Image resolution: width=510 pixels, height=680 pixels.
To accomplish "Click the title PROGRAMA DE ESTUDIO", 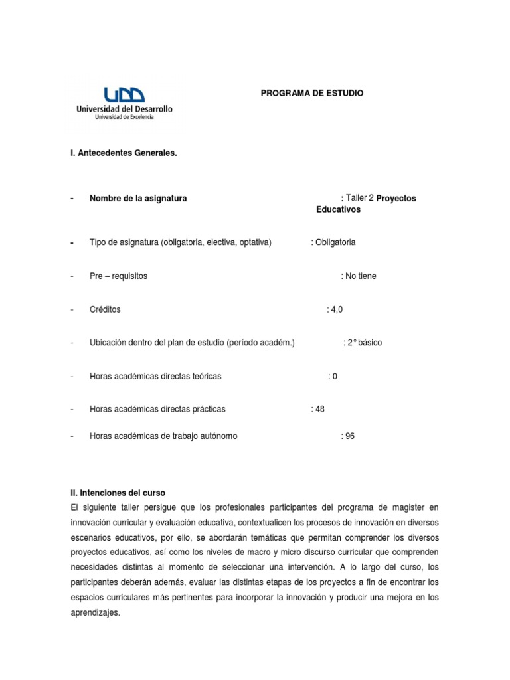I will point(311,94).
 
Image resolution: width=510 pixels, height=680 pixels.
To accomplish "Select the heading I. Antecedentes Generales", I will point(123,153).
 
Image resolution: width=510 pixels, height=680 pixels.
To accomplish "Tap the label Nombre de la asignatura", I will point(138,199).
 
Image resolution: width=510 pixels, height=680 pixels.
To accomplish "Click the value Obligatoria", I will point(335,242).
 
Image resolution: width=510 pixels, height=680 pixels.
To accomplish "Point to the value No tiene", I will point(360,276).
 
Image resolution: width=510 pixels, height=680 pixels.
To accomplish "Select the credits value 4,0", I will point(337,309).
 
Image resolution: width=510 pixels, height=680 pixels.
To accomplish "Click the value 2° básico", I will point(364,343).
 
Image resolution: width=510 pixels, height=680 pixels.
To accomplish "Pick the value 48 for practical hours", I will point(319,409).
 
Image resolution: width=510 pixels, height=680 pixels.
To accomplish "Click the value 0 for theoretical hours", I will point(334,377).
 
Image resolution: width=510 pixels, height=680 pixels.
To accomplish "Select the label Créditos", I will point(105,309).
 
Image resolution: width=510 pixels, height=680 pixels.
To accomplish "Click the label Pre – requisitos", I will point(118,276).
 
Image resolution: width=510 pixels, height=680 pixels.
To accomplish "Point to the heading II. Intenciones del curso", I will point(117,493).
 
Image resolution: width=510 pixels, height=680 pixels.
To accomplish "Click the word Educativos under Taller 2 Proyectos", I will point(338,209).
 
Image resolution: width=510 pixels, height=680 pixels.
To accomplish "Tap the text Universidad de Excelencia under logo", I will point(125,117).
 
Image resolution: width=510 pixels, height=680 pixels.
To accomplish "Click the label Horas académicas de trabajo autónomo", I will point(163,436).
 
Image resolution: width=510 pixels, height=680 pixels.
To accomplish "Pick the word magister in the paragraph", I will point(412,507).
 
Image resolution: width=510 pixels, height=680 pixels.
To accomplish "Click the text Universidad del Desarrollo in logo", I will point(125,108).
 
